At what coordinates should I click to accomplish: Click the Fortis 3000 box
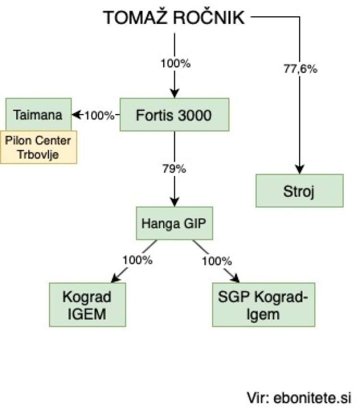174,115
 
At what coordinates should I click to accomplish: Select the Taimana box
38,115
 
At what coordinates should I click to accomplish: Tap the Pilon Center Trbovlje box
38,147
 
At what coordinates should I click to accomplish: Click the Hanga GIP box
174,223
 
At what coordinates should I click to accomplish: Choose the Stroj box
299,191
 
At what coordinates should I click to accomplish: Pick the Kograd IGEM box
87,305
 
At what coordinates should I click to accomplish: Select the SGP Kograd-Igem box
263,305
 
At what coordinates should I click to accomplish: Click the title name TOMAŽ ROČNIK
174,17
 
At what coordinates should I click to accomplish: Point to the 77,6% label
300,69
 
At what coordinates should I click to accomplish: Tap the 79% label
174,169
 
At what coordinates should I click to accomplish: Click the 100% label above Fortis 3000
175,64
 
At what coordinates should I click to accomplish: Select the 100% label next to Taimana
99,115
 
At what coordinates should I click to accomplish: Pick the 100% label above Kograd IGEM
137,260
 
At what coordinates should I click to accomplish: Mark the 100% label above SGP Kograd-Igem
217,261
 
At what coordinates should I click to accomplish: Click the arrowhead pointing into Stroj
299,169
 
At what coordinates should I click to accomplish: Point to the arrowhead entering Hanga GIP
174,201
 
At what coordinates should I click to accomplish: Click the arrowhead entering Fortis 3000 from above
174,93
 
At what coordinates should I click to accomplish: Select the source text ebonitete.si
312,398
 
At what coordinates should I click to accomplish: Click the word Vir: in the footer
258,398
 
